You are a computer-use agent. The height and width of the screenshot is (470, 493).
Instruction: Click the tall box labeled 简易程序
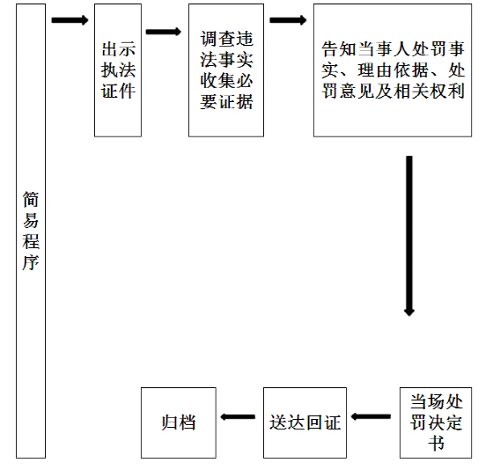tap(31, 231)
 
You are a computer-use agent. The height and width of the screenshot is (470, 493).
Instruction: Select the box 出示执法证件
tap(118, 70)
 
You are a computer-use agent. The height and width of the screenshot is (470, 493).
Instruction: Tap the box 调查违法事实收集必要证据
tap(226, 70)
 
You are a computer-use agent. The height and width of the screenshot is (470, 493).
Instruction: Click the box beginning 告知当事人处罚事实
tap(393, 70)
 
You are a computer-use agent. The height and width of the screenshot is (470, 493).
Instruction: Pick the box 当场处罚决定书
tap(436, 422)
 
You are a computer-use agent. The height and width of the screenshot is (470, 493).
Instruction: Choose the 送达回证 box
tap(305, 422)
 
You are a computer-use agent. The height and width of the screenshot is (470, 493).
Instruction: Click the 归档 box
tap(179, 422)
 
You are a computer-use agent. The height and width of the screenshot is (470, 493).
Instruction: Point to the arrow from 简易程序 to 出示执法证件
tap(70, 20)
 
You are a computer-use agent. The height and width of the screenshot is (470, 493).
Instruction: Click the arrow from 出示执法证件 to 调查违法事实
tap(164, 32)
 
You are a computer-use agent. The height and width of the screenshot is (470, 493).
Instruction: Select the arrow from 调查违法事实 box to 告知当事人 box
tap(288, 20)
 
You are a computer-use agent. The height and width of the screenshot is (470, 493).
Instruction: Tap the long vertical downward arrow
tap(409, 236)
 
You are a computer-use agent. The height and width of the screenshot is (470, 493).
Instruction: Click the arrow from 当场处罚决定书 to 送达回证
tap(371, 417)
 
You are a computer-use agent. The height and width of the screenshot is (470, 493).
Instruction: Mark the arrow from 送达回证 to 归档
tap(238, 417)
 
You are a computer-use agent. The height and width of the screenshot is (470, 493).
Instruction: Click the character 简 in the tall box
tap(31, 199)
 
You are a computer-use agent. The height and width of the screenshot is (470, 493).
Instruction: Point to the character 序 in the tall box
tap(31, 262)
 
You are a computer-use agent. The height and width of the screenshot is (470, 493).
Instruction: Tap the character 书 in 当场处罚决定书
tap(437, 444)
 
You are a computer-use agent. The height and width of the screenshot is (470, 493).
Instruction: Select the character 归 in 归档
tap(170, 422)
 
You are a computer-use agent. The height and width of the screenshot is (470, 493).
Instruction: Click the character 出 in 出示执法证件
tap(109, 49)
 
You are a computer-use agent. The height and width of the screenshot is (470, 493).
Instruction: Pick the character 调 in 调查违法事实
tap(209, 39)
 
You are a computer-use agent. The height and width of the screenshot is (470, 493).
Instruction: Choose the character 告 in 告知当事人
tap(329, 49)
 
